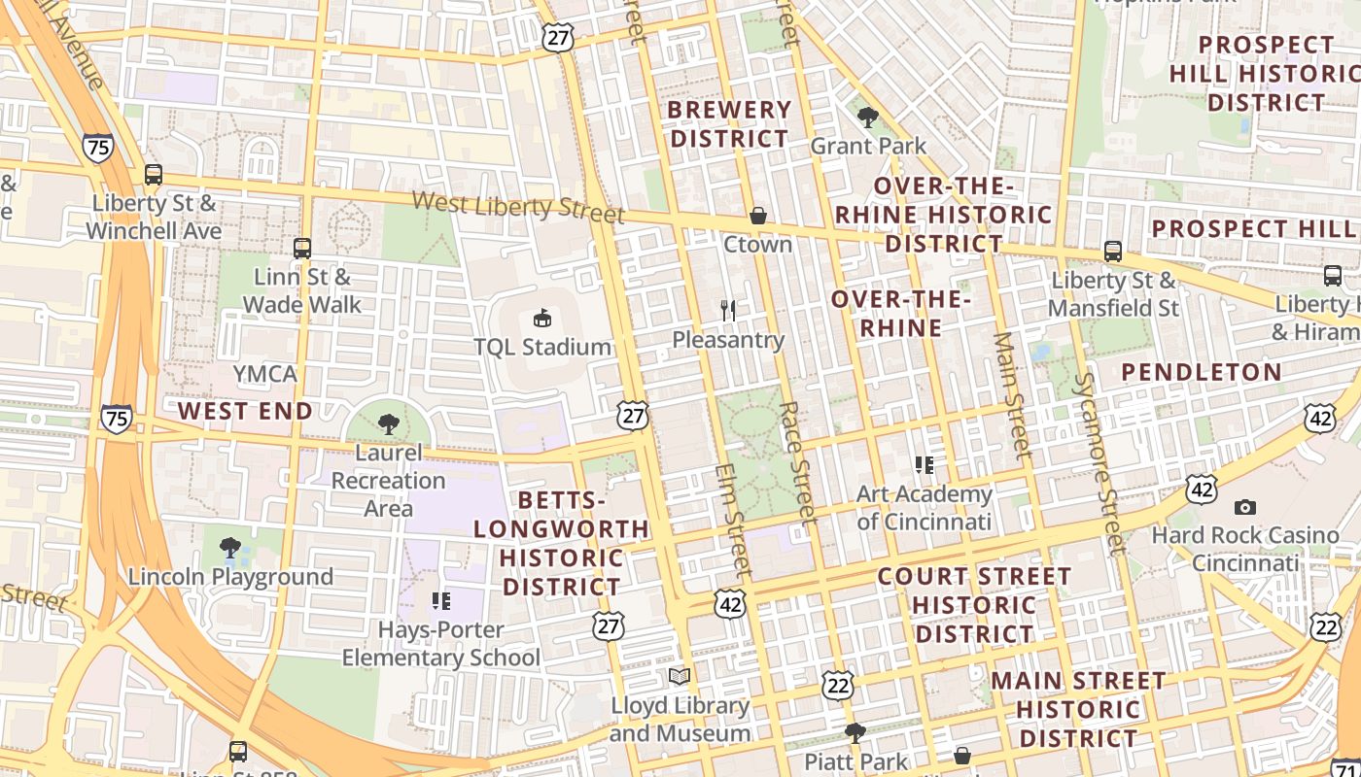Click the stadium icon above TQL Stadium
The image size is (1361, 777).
coord(541,318)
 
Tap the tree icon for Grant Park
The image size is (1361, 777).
coord(868,118)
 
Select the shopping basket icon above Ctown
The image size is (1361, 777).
coord(757,216)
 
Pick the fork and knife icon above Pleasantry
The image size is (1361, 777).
coord(728,311)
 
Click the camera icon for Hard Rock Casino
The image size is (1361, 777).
coord(1244,507)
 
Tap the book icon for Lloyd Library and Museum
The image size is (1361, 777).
coord(680,676)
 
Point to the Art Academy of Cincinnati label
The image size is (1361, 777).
coord(924,508)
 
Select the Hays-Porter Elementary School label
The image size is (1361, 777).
coord(440,644)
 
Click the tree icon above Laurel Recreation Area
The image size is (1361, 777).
coord(389,424)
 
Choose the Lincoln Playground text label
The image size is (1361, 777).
coord(230,577)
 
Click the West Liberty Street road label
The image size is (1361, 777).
coord(517,206)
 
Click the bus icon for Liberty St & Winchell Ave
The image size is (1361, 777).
coord(153,175)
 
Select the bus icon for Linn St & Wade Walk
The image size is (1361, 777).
coord(302,249)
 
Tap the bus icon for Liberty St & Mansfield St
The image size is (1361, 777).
coord(1113,252)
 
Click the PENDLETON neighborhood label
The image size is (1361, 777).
coord(1202,372)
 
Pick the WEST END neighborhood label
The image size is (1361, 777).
coord(245,411)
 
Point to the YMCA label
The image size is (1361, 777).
coord(264,374)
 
